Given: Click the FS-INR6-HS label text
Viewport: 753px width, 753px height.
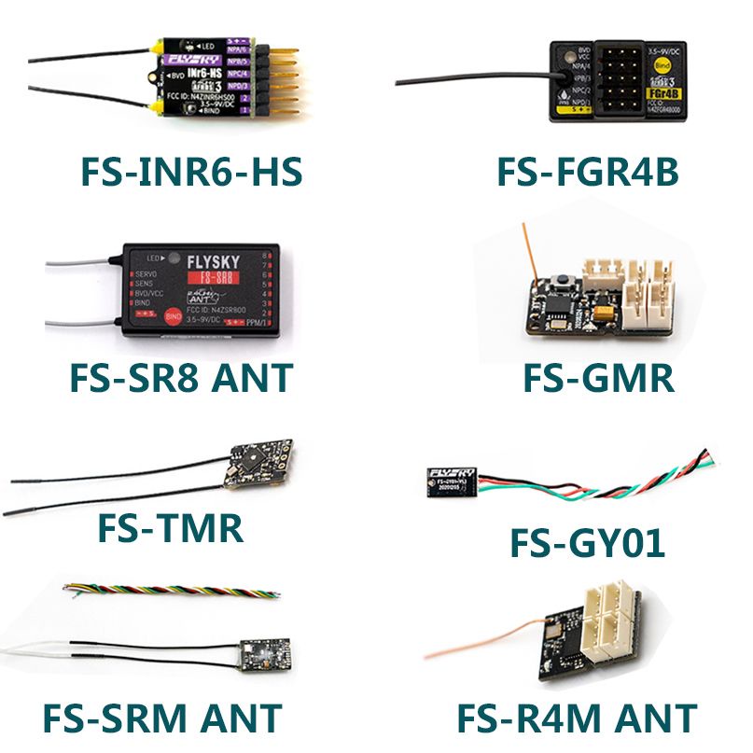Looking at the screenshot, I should (191, 173).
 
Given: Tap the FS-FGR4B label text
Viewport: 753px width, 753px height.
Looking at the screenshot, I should (586, 173).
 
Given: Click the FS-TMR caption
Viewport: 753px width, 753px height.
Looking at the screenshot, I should (170, 528).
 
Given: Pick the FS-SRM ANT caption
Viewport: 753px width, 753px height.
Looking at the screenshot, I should (161, 718).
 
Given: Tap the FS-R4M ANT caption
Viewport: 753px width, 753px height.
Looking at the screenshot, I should (577, 718).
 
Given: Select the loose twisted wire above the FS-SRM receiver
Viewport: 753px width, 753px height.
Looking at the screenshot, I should (170, 592).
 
